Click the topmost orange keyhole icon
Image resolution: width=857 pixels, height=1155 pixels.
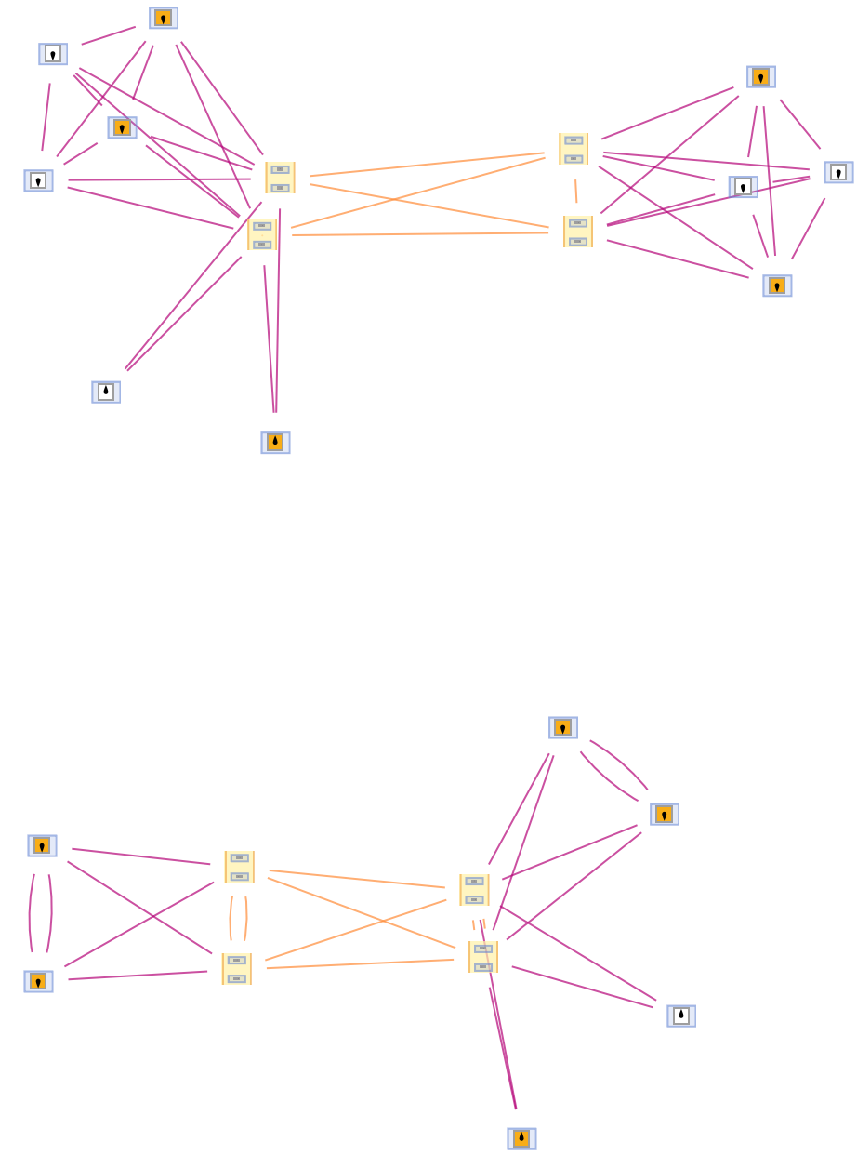[164, 18]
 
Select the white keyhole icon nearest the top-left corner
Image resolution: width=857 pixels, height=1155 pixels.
[53, 54]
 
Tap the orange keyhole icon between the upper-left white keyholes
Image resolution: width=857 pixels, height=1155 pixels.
[122, 127]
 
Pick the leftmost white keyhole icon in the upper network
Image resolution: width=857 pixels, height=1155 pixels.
[38, 180]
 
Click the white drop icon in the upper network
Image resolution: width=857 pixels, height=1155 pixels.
[106, 392]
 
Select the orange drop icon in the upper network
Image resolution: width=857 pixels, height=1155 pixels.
[275, 443]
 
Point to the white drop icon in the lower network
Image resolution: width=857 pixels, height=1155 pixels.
[681, 1016]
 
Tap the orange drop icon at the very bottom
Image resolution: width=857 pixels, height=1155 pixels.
[521, 1138]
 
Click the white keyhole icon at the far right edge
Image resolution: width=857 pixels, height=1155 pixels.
[838, 172]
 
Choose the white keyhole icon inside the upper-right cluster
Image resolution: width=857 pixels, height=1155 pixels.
[743, 187]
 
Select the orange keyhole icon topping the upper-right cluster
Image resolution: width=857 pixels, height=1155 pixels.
[761, 76]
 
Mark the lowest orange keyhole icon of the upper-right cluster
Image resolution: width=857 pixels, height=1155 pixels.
[777, 285]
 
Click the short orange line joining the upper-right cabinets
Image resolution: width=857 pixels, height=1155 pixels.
[576, 191]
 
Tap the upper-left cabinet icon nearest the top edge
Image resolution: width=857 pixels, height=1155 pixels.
[280, 178]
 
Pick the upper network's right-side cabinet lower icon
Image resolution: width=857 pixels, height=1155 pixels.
[578, 232]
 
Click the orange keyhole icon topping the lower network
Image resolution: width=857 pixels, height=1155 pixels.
[563, 727]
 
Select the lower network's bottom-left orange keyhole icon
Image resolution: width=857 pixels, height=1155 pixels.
[38, 981]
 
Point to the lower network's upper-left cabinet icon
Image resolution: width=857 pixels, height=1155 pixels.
[239, 867]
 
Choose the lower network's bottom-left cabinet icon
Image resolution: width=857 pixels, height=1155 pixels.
[236, 968]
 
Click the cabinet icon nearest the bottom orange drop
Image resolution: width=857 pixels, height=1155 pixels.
[483, 957]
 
